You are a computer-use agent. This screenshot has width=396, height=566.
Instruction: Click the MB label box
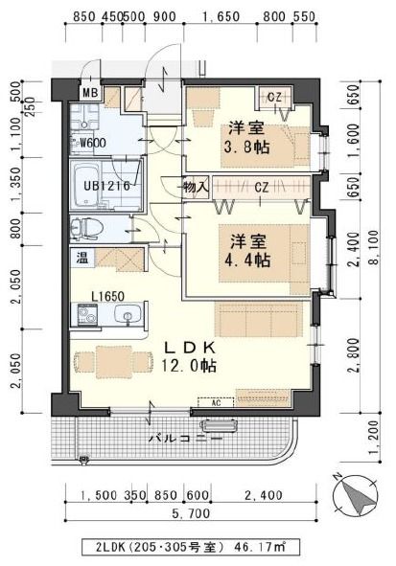click(90, 93)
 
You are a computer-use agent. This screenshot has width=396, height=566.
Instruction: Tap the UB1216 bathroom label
click(99, 184)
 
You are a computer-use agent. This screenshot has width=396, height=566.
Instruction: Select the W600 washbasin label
click(93, 144)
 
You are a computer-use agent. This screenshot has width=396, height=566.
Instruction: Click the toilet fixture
click(86, 229)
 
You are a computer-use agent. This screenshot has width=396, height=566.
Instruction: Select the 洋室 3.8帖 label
click(247, 139)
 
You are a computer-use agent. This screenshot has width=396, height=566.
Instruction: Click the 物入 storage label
click(196, 188)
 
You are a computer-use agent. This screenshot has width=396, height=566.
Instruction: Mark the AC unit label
click(217, 403)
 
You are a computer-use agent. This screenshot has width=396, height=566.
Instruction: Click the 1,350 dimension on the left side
click(16, 183)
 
